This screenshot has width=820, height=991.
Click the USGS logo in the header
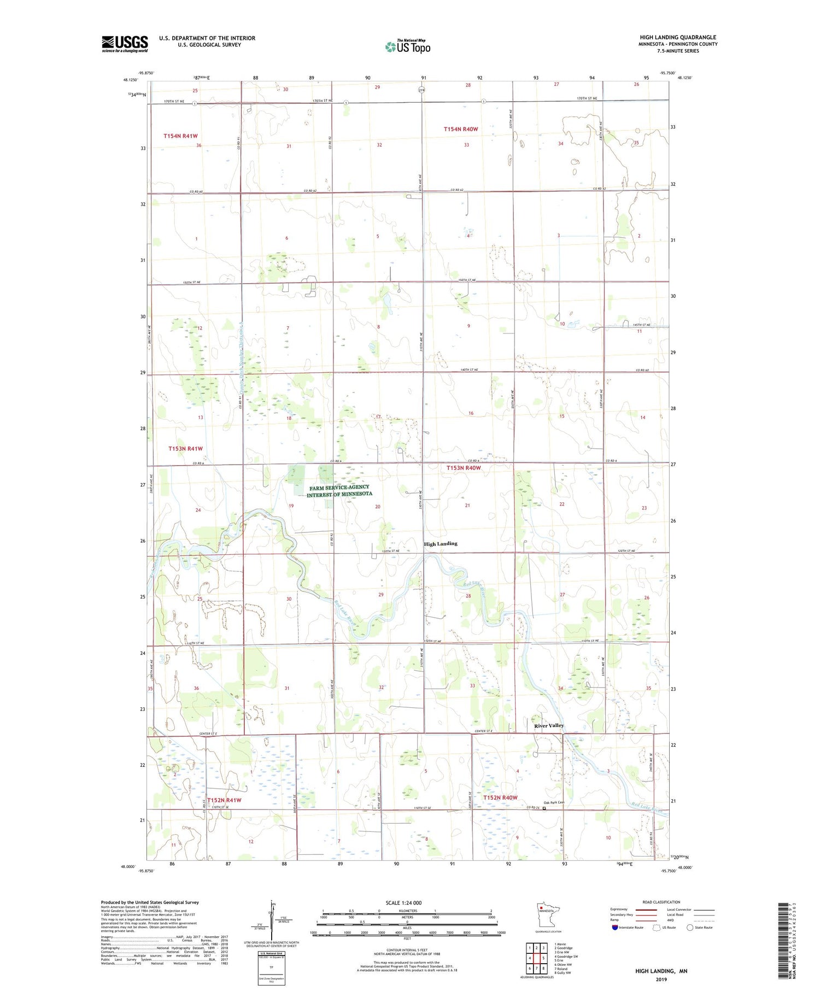125,44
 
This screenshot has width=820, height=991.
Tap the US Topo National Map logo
407,46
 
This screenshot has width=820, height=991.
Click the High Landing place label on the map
441,544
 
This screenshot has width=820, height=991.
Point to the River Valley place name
549,725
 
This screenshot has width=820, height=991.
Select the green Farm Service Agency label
339,490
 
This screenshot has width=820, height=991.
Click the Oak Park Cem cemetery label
553,802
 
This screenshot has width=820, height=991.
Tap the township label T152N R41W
224,800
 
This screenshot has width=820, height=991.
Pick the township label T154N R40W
460,129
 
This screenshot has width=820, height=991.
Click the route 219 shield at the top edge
421,90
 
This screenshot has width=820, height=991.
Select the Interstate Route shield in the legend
615,928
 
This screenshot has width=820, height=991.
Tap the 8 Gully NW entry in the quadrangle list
563,973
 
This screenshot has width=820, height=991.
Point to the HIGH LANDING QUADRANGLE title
678,38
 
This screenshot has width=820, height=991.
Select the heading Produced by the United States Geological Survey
150,902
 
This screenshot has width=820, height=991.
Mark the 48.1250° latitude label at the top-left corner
131,80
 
